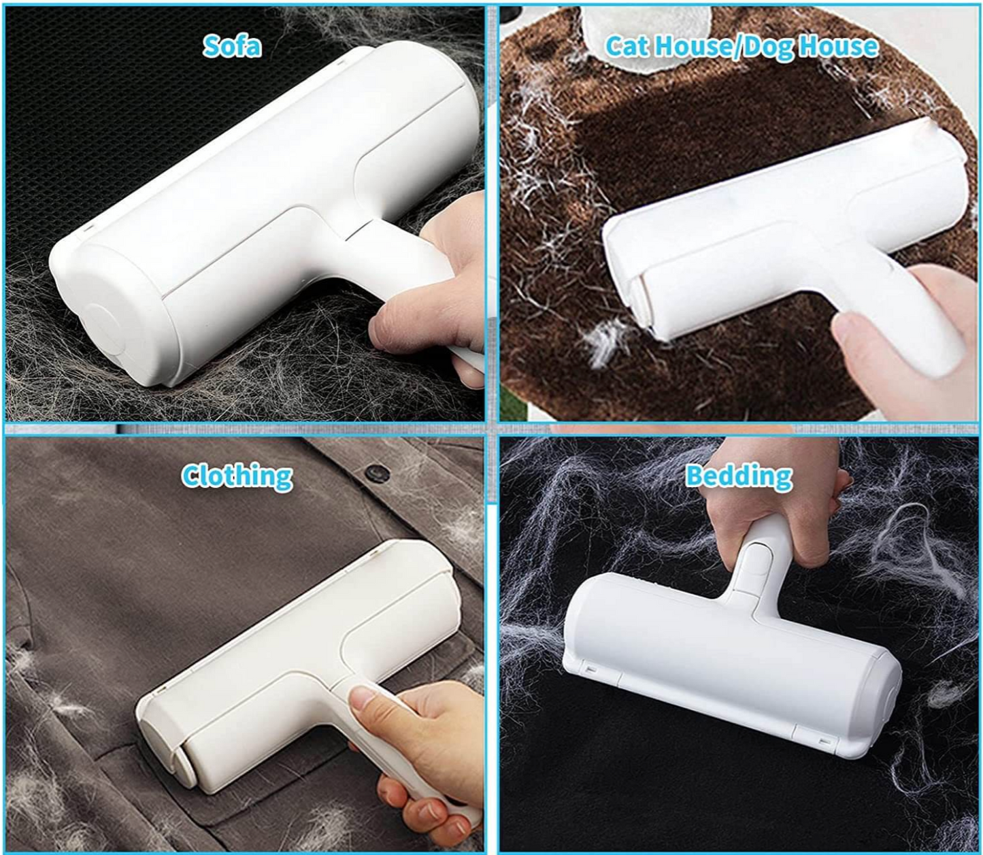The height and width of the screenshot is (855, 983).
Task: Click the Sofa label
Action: (x=232, y=46)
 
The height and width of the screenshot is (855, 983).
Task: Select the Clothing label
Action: (x=237, y=475)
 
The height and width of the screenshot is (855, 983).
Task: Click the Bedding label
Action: (x=738, y=475)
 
